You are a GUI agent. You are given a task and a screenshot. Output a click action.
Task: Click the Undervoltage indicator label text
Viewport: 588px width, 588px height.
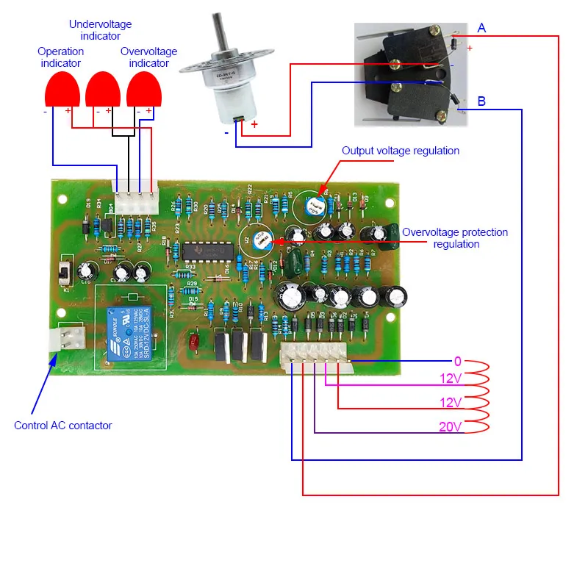100,30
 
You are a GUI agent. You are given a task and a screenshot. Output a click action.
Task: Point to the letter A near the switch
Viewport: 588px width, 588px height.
481,28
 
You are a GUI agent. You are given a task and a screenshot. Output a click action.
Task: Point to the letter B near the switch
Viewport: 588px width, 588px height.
481,101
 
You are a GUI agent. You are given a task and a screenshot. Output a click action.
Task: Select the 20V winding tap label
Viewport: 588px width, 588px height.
451,427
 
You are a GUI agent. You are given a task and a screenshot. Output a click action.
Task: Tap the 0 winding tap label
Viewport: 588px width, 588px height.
457,362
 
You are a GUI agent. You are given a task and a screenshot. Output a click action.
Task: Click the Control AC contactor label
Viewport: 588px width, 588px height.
63,425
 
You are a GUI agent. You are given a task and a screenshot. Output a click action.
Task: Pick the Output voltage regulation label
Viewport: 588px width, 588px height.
401,151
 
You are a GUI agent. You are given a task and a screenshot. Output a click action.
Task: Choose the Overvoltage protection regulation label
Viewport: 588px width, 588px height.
454,238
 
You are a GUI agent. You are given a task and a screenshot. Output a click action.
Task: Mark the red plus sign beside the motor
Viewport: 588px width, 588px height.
254,125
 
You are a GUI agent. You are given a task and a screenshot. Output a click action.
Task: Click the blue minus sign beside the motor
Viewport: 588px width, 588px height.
226,133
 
